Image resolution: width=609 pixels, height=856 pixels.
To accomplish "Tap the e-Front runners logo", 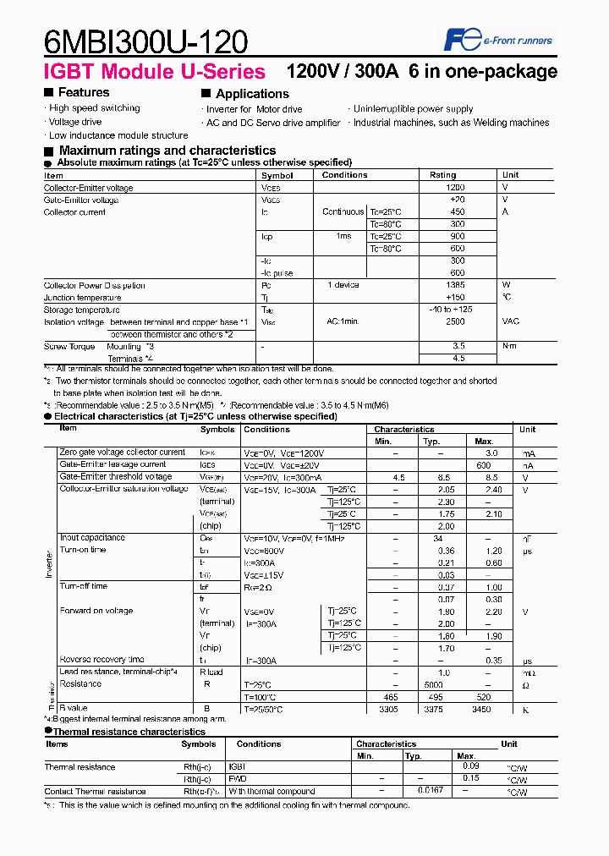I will click(499, 40).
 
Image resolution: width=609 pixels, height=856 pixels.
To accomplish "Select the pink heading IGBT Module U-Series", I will click(155, 72).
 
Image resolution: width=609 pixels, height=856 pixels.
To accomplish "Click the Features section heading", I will click(83, 92).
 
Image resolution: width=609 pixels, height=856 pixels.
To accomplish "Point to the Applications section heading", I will click(251, 94).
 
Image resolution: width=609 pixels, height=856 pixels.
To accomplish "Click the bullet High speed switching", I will click(94, 108).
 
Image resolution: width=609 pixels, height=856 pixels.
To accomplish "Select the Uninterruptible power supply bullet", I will click(413, 109).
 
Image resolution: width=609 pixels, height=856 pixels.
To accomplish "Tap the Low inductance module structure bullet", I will click(118, 135).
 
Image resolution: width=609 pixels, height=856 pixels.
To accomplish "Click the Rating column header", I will click(442, 175).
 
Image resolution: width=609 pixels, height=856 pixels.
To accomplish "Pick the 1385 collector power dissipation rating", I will click(455, 285).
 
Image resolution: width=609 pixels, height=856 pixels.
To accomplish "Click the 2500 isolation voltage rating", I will click(455, 322).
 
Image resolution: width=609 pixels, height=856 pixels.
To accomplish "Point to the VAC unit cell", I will click(511, 322).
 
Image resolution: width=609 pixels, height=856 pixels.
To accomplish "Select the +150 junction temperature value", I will click(455, 298).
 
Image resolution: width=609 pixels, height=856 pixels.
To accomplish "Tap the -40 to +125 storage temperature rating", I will click(451, 310).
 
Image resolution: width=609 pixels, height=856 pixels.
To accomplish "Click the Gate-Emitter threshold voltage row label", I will click(115, 476).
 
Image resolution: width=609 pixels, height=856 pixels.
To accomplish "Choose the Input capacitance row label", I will click(92, 538).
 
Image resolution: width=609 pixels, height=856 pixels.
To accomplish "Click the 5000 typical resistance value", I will click(433, 684).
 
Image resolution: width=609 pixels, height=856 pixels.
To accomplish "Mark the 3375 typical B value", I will click(432, 710).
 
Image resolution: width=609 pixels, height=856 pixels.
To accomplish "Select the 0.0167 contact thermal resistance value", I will click(431, 792).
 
